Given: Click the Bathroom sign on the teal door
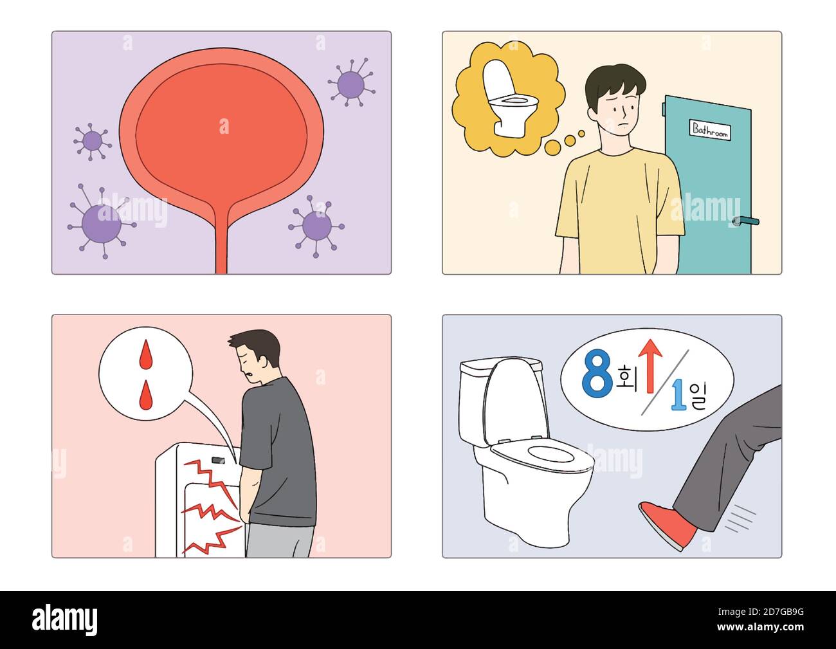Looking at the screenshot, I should click(710, 129).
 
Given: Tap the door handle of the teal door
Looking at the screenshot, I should click(746, 221).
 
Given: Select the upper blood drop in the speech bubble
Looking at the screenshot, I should click(146, 354).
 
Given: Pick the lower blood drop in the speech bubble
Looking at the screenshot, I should click(146, 394).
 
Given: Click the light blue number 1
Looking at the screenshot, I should click(678, 395).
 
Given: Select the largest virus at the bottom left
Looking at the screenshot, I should click(102, 223).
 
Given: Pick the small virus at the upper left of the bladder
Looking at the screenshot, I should click(92, 140).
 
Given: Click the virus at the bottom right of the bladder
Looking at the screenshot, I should click(316, 225).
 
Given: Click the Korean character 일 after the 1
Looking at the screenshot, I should click(696, 398).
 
